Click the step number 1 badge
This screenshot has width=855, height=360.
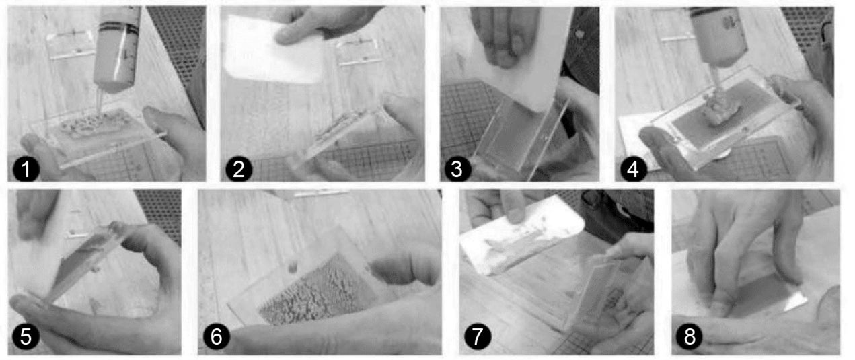[x=26, y=169]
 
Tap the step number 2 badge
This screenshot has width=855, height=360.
[x=239, y=169]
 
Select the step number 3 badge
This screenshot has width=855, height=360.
[x=457, y=169]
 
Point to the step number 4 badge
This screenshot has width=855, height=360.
[x=634, y=169]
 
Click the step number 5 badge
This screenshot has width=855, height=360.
[x=26, y=336]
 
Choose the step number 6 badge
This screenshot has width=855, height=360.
[x=217, y=336]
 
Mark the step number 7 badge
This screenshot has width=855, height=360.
[x=478, y=336]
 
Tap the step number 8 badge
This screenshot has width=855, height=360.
[x=690, y=336]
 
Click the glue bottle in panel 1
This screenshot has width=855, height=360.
[x=116, y=52]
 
